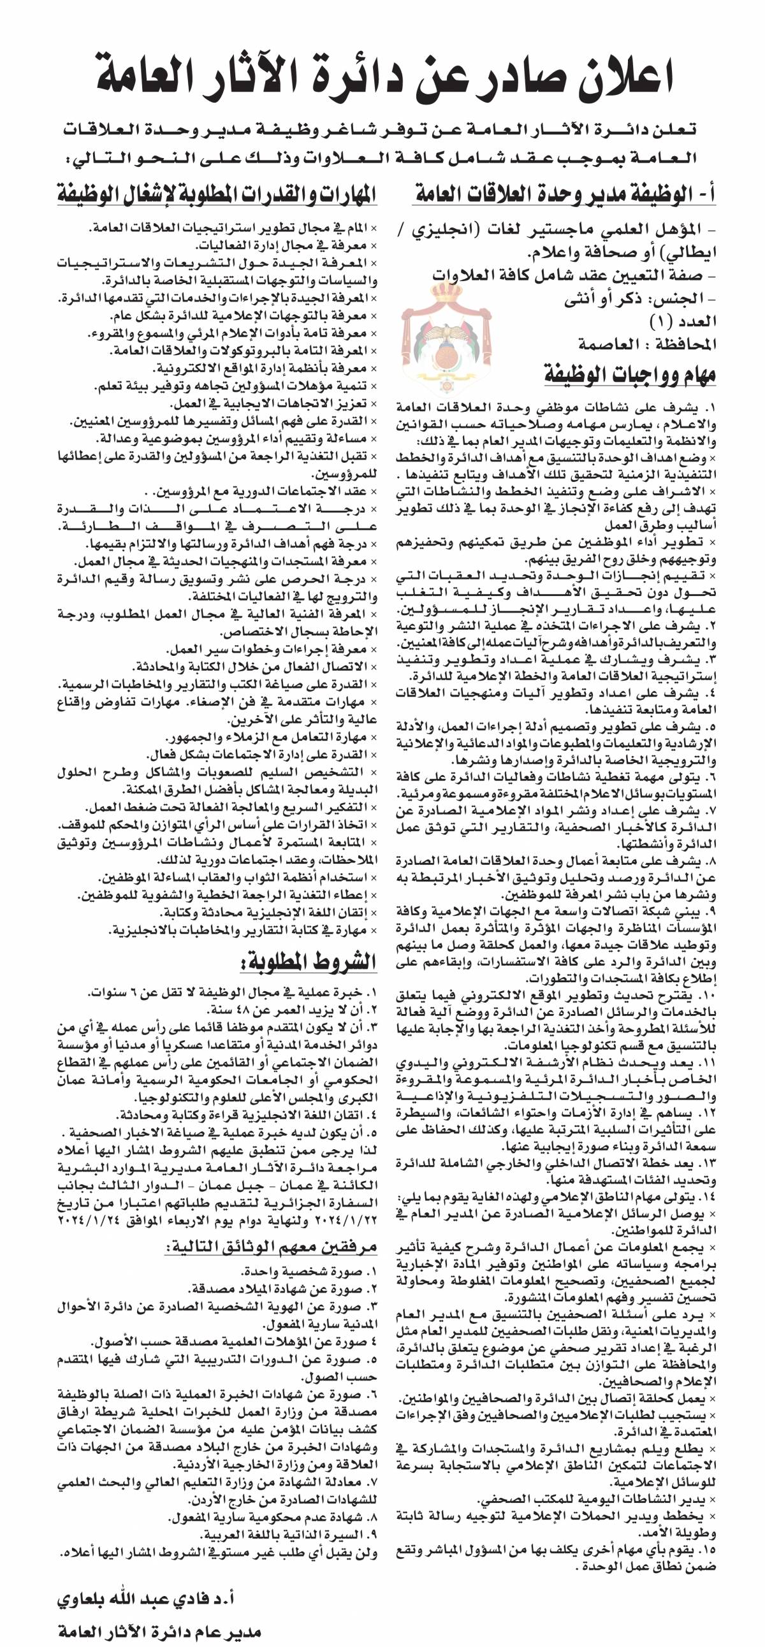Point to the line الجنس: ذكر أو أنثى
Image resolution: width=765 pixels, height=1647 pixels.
(639, 298)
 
